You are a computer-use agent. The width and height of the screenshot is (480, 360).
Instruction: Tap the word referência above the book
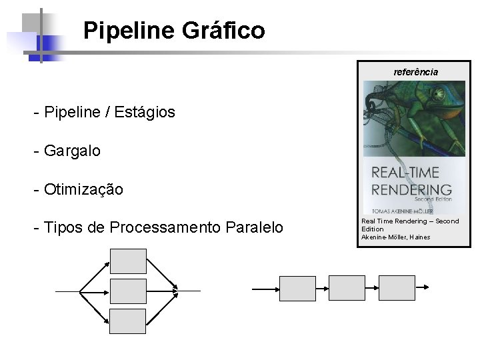(416, 72)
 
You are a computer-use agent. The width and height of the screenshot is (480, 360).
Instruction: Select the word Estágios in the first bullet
(145, 112)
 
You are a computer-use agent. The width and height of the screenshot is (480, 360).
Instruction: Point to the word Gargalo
(72, 151)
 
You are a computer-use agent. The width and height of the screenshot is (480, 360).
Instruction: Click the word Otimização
(83, 189)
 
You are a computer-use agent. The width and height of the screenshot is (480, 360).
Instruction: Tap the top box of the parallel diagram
(128, 261)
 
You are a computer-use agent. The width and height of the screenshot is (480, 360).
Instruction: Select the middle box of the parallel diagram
(128, 291)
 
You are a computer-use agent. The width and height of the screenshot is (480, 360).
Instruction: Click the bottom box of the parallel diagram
(128, 321)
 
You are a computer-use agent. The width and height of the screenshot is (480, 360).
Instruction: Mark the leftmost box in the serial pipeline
(297, 288)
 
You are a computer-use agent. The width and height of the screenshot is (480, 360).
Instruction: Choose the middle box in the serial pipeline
(347, 288)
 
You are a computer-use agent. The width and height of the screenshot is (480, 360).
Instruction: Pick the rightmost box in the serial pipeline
(397, 288)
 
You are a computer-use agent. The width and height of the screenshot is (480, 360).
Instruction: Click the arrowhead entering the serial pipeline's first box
(275, 289)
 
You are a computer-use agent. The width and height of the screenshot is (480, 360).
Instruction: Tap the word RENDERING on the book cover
(411, 189)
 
